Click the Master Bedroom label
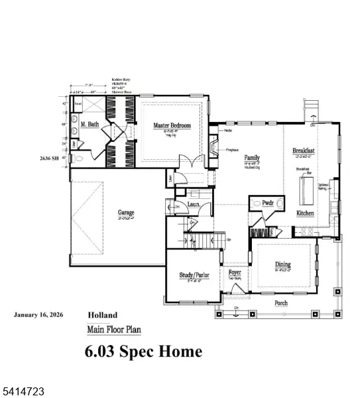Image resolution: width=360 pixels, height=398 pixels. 172,125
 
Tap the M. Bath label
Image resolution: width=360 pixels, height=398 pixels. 90,125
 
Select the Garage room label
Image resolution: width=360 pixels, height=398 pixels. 127,214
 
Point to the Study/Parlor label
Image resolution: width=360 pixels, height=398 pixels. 194,275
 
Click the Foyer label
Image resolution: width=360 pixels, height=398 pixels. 235,273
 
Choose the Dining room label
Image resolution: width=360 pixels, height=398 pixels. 283,265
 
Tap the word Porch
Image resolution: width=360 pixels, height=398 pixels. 282,302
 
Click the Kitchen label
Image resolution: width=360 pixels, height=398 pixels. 305,214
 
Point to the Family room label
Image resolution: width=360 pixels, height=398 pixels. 251,157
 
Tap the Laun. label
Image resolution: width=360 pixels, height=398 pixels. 194,208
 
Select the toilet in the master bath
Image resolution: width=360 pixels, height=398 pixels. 78,160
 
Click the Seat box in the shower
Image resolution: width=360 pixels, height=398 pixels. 77,104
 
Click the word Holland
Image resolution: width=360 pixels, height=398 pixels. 103,315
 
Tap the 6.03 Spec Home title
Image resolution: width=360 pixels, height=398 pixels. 143,351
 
